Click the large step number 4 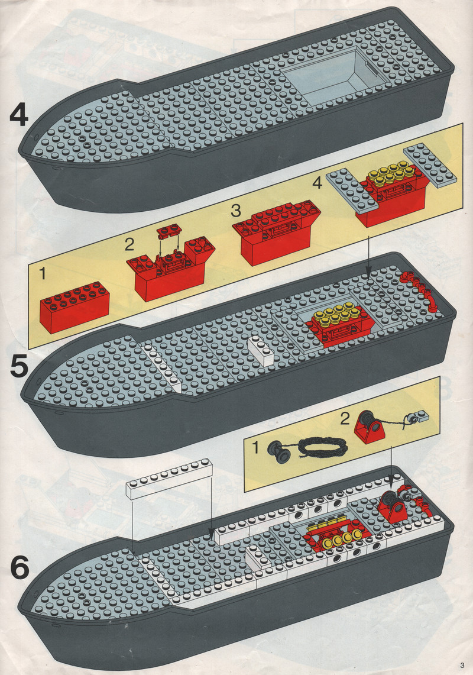(x=19, y=115)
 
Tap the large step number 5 (x=19, y=366)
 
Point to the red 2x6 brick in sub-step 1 (x=74, y=306)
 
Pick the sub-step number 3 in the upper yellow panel (x=237, y=210)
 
